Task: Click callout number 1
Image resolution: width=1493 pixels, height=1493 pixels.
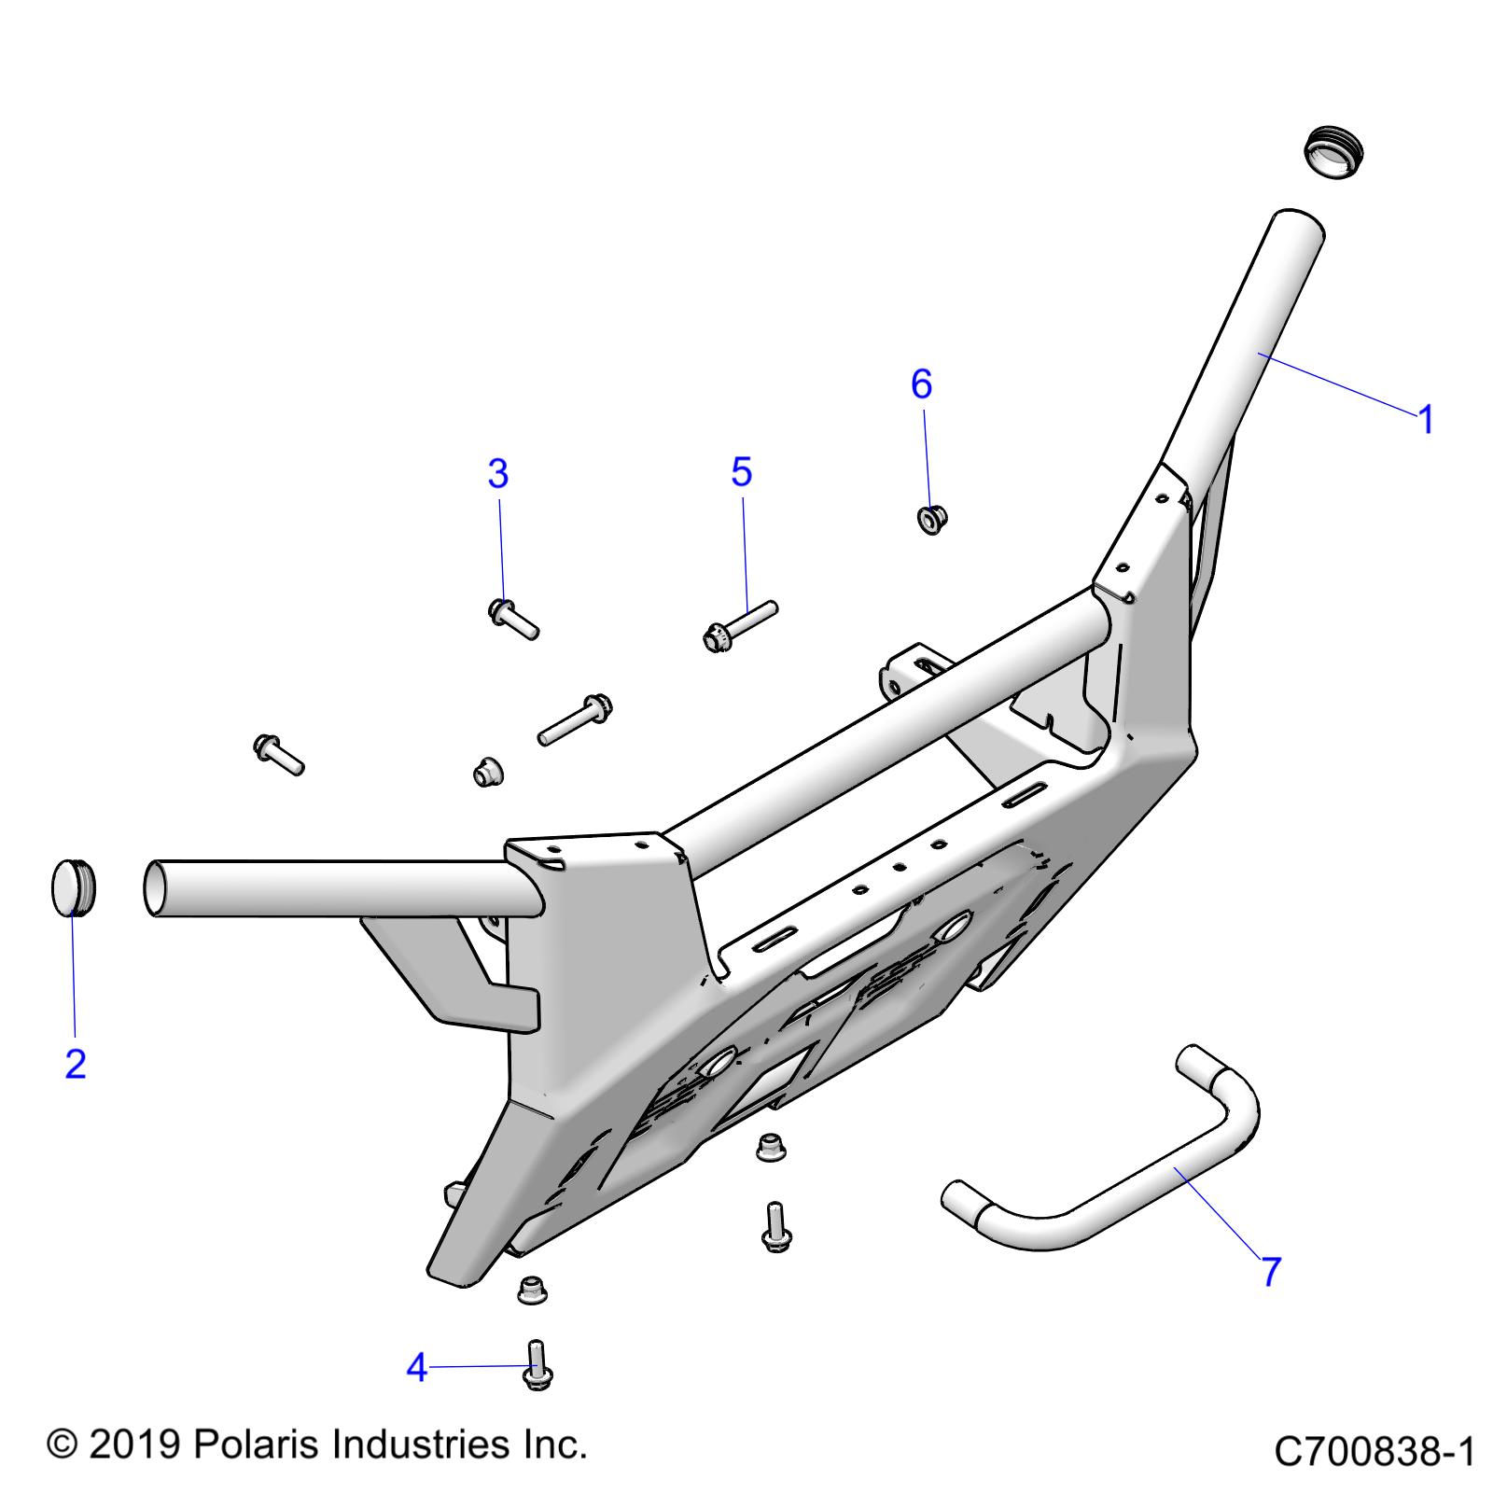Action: tap(1425, 420)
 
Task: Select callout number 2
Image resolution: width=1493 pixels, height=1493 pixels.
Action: tap(76, 1064)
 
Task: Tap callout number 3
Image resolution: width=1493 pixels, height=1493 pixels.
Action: tap(498, 474)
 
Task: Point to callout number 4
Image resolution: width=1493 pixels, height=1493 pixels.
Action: tap(417, 1369)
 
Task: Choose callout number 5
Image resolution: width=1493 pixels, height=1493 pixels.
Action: tap(742, 472)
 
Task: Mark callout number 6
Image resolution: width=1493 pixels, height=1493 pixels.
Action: tap(921, 384)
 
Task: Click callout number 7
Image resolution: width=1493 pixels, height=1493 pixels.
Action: tap(1271, 1271)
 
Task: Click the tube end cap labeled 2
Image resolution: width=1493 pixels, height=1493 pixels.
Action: tap(71, 887)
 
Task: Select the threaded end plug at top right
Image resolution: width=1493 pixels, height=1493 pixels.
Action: tap(1332, 150)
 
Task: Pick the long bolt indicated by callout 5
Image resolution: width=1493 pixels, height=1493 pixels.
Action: tap(738, 624)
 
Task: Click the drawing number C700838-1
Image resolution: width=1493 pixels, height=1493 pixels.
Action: tap(1374, 1452)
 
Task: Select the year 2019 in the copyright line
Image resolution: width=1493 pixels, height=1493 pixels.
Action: tap(135, 1444)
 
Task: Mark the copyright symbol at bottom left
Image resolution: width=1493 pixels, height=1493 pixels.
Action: tap(62, 1445)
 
